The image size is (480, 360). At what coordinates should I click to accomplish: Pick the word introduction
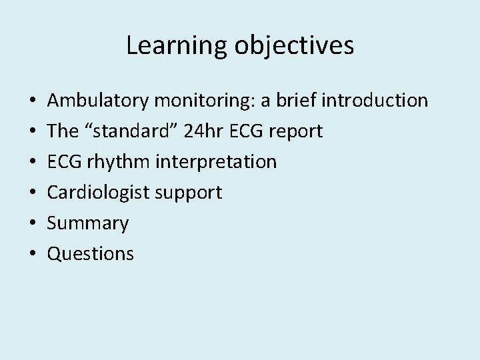(x=375, y=101)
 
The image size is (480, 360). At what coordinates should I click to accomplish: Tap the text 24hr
(x=197, y=131)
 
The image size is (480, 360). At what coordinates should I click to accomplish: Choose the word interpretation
(x=213, y=162)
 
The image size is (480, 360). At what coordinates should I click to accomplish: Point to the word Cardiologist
(x=98, y=193)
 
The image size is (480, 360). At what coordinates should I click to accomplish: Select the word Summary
(x=87, y=223)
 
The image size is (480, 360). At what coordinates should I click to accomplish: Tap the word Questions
(x=90, y=254)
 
